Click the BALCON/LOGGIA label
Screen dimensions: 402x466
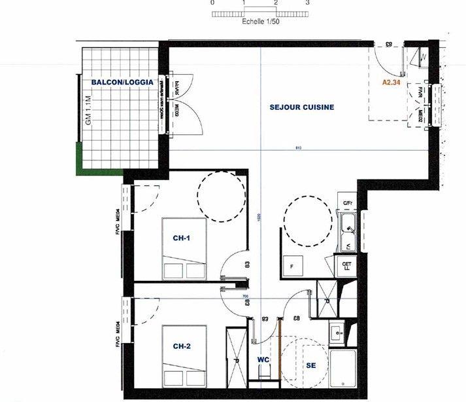coord(122,82)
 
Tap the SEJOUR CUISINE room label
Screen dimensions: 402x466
coord(302,107)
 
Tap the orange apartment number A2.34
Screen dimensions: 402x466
coord(391,82)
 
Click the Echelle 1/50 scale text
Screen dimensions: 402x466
coord(260,22)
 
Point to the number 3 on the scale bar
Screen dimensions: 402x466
coord(307,3)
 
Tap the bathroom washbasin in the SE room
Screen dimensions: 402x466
coord(338,333)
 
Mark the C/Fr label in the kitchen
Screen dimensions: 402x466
coord(348,203)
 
